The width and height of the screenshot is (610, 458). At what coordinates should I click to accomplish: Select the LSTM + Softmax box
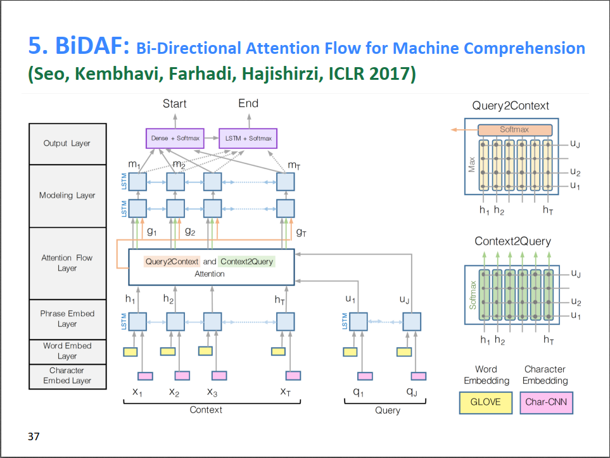248,138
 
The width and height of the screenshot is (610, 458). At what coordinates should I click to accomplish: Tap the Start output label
174,103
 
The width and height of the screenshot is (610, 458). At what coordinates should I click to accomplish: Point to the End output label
248,103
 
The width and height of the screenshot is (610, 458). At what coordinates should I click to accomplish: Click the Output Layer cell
67,144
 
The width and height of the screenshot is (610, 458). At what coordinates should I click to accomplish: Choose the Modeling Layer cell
67,196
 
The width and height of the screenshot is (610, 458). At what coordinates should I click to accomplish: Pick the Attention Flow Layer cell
67,263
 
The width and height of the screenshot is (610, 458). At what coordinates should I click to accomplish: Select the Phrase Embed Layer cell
67,319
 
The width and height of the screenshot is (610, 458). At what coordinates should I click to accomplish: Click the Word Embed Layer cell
67,351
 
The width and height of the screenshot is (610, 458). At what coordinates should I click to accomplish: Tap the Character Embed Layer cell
67,376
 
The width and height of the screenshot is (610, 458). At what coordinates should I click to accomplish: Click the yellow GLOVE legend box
485,402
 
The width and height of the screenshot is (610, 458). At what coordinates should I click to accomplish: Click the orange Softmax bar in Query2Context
514,130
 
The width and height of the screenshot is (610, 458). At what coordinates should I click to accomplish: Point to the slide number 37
34,436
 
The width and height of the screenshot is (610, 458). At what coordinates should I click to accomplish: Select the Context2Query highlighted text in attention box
248,261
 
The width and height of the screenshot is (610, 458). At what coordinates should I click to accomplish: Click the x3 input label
212,392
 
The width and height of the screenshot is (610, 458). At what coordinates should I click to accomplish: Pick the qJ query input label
411,392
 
